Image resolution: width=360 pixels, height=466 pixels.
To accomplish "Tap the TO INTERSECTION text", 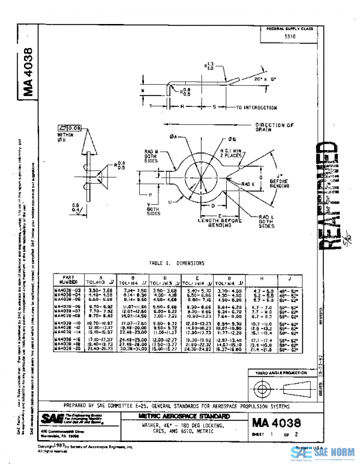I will [x=256, y=108].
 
